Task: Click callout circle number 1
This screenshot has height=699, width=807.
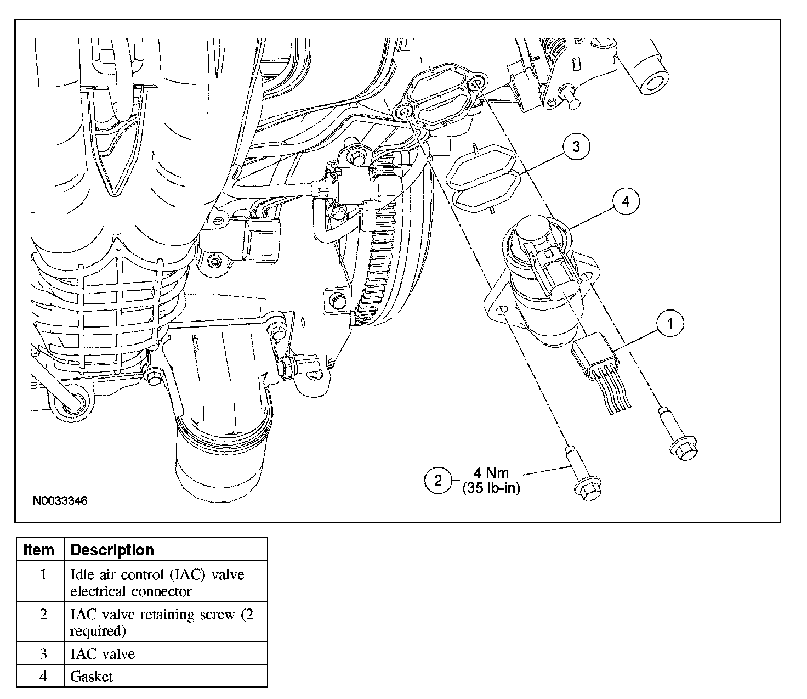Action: (668, 324)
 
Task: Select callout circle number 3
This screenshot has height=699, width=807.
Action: (576, 148)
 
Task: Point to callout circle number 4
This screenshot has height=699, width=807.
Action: (624, 202)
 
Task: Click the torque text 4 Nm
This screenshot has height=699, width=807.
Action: (491, 472)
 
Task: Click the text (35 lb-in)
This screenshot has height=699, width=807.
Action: (491, 488)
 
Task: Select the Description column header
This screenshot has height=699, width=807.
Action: (112, 550)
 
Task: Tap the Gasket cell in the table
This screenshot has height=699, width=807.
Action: (92, 677)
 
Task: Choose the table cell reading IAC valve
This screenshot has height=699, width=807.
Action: (103, 653)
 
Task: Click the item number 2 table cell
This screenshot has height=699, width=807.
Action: (43, 615)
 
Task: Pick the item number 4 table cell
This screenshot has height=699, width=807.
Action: (43, 677)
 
